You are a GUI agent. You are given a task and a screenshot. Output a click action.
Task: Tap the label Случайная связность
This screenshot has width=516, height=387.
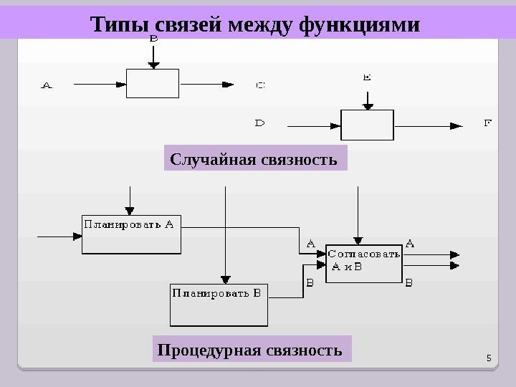[255, 158]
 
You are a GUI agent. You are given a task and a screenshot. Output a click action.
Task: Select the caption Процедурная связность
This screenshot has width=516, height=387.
[253, 350]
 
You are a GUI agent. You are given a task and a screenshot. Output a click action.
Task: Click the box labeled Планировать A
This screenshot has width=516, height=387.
[130, 234]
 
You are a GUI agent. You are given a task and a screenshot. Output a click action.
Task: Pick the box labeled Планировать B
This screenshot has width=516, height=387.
[218, 305]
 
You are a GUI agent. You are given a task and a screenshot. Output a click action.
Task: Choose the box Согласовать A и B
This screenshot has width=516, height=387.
[364, 262]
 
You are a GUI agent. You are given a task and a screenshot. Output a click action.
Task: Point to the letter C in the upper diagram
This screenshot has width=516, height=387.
[261, 85]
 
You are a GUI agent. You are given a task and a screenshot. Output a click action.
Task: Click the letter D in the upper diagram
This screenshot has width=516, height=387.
[260, 123]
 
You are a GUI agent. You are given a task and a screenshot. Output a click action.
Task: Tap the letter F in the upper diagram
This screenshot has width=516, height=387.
[488, 123]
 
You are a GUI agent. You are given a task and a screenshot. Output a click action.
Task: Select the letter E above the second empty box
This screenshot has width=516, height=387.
[367, 74]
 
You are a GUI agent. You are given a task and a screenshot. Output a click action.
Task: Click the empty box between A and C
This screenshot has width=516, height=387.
[152, 83]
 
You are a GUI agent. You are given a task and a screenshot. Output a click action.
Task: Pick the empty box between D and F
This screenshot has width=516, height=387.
[367, 124]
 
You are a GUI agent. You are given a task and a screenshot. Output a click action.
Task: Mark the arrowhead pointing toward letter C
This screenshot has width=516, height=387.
[229, 84]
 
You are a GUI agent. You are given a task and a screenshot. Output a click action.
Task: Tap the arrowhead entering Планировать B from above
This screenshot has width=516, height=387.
[226, 279]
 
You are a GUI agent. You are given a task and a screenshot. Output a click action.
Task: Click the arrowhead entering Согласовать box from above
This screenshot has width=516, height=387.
[358, 239]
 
